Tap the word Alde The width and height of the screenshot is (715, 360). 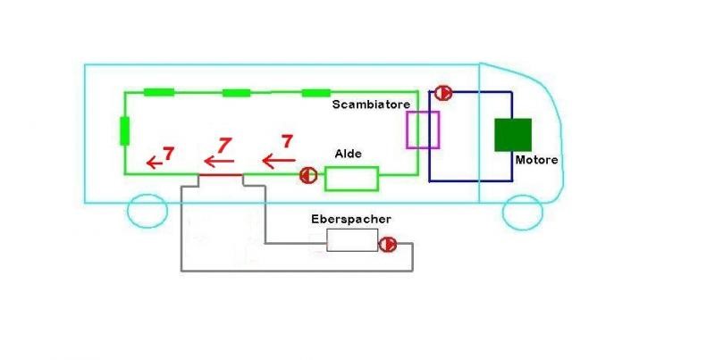click(x=348, y=154)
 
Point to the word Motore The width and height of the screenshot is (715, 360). click(x=536, y=160)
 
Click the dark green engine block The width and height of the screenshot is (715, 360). click(x=513, y=134)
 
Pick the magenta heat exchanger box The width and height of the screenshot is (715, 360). click(x=423, y=130)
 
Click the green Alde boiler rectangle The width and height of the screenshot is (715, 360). click(x=352, y=178)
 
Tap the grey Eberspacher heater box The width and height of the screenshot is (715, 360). click(x=351, y=239)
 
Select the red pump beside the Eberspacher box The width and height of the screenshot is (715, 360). click(x=388, y=244)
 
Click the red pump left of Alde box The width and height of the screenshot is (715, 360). click(x=307, y=175)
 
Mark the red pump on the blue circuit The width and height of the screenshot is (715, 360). click(x=442, y=92)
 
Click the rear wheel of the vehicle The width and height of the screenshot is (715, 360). click(x=147, y=211)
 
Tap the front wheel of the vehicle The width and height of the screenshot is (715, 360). click(x=523, y=211)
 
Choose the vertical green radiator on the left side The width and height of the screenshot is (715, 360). click(x=124, y=130)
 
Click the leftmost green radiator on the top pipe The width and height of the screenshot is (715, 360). click(x=158, y=92)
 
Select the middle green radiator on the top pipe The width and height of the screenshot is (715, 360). click(x=237, y=92)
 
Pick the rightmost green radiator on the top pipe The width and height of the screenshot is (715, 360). click(x=316, y=92)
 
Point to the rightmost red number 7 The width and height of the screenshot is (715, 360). click(x=287, y=141)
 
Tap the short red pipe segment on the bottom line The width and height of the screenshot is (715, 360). click(x=220, y=176)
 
